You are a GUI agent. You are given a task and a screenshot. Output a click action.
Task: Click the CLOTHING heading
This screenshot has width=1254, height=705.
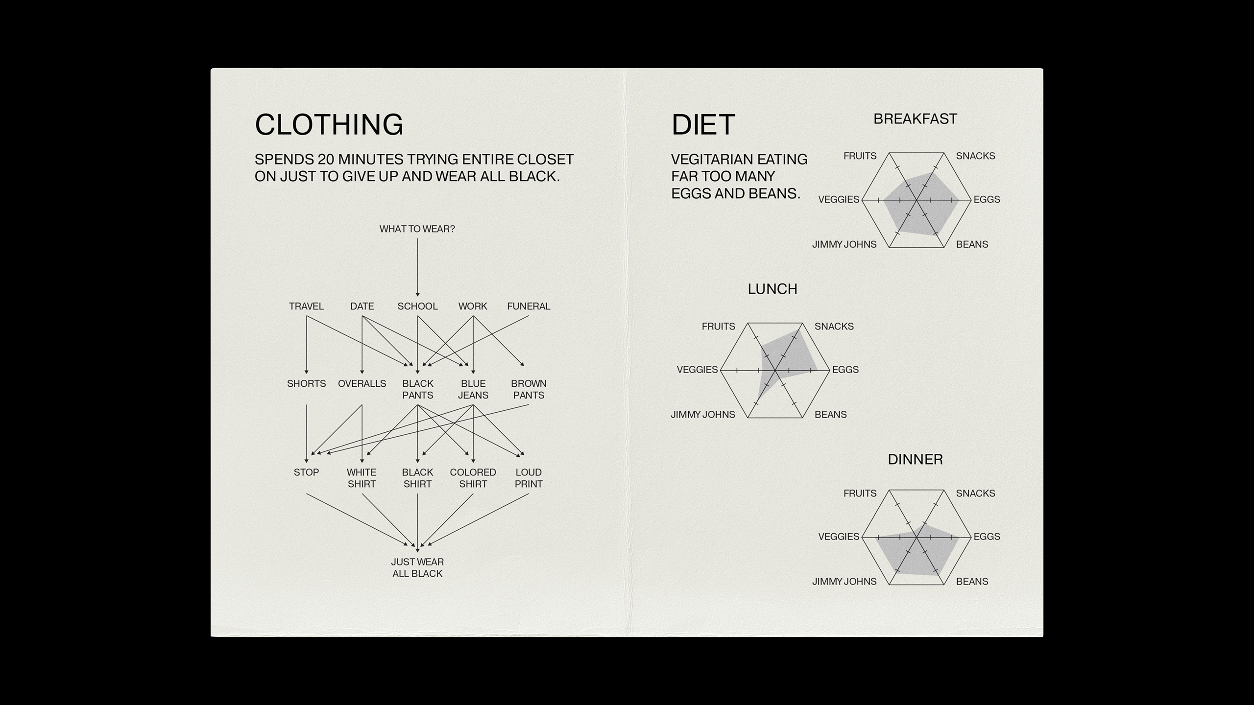[x=329, y=124]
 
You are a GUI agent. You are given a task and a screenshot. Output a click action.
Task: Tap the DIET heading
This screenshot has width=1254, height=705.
[x=703, y=124]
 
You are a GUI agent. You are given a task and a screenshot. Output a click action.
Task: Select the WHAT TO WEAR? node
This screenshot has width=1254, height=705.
[x=417, y=229]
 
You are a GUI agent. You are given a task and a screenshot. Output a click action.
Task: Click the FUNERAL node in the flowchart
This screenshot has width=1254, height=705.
[x=529, y=306]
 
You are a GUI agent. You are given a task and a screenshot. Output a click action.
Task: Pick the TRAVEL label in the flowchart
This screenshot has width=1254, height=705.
[x=306, y=306]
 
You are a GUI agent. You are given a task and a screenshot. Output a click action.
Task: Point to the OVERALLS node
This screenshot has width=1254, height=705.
[x=362, y=384]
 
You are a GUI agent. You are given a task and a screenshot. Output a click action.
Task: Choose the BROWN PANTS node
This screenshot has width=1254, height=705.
[x=529, y=389]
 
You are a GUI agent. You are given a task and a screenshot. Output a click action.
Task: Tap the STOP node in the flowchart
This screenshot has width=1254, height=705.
[x=306, y=472]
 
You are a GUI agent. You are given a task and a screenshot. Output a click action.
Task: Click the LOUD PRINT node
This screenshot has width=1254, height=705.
[x=529, y=478]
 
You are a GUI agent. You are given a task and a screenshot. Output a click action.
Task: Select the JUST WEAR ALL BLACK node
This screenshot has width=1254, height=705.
[x=417, y=568]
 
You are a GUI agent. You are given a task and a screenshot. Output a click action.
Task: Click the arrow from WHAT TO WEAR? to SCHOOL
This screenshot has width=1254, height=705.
[x=417, y=267]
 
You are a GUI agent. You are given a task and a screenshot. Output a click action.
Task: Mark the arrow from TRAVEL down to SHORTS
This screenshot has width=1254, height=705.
[x=307, y=345]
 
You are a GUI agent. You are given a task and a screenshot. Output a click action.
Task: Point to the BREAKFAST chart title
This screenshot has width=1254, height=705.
[x=915, y=119]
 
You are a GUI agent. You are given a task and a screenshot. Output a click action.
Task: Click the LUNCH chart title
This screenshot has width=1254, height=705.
[x=772, y=289]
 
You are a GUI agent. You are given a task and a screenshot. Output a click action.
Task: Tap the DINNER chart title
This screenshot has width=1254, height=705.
[x=915, y=460]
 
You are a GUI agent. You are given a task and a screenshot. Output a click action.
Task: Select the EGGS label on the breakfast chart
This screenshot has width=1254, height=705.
[x=987, y=200]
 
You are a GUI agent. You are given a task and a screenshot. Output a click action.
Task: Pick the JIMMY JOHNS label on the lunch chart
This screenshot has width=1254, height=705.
[x=703, y=415]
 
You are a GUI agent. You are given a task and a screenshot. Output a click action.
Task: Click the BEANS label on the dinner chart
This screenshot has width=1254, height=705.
[x=972, y=582]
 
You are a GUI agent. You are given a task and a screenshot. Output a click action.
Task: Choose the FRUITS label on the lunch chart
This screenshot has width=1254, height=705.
[x=718, y=327]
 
